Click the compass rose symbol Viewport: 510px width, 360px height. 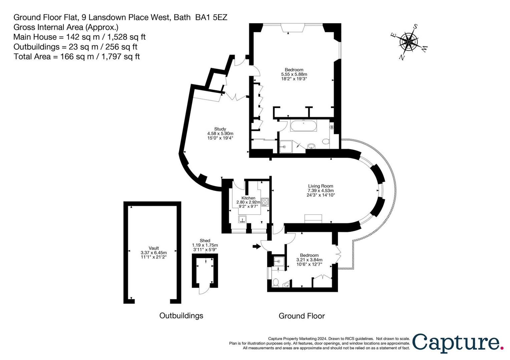409,42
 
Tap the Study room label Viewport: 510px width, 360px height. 220,129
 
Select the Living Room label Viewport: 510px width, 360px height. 321,186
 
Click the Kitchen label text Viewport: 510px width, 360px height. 248,198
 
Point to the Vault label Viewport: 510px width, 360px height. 154,248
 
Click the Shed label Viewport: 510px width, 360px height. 205,241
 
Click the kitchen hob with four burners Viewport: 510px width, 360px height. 265,202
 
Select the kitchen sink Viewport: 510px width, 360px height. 242,219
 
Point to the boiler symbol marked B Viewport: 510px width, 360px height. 332,127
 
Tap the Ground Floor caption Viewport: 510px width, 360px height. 302,316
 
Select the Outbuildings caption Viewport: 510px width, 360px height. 181,316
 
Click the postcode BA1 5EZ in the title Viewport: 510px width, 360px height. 211,17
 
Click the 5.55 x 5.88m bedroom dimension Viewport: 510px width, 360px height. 294,74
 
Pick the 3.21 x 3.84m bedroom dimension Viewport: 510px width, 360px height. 309,260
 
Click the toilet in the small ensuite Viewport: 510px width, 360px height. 276,283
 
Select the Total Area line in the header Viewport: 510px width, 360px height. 77,57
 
